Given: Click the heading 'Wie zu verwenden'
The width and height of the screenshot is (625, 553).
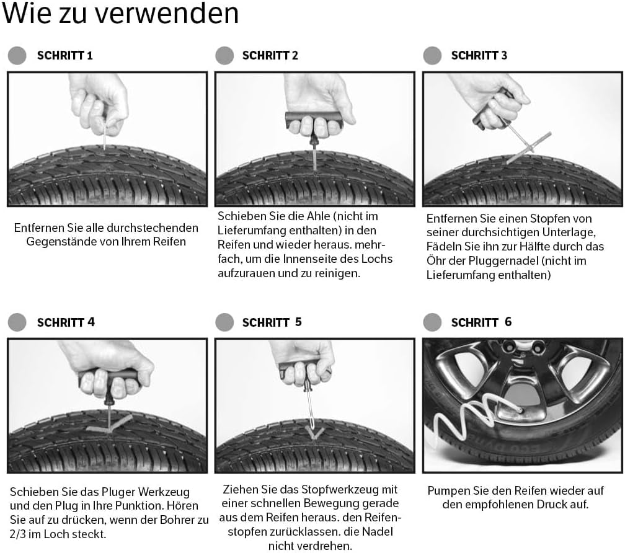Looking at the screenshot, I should (120, 14).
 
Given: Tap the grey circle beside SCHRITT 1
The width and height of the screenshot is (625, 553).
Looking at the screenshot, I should (17, 55).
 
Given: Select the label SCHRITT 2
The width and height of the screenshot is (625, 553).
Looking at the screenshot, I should (270, 55).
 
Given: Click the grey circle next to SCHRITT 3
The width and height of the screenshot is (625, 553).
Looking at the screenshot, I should (432, 55).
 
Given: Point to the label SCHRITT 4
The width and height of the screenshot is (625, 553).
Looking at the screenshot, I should (66, 322).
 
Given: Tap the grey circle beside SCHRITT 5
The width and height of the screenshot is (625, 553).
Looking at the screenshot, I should (224, 322).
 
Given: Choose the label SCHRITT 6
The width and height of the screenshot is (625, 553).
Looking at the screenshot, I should (481, 322).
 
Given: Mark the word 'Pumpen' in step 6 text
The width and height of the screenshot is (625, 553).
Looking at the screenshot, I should (448, 490).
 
